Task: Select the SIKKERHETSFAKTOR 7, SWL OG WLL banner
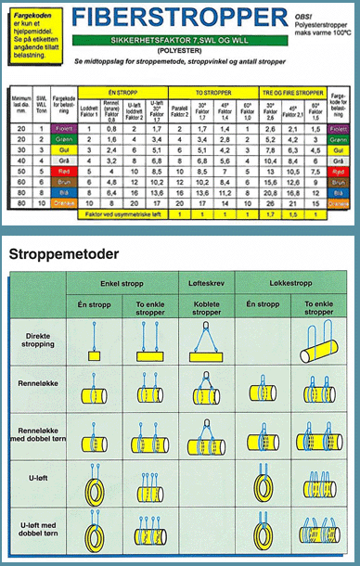tap(183, 43)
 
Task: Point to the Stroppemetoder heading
tap(62, 253)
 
